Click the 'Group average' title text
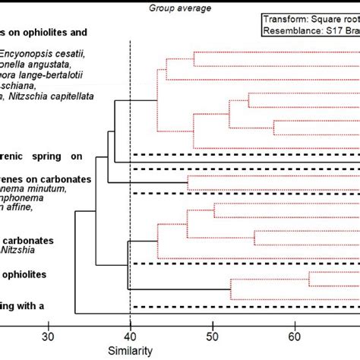(180, 8)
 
